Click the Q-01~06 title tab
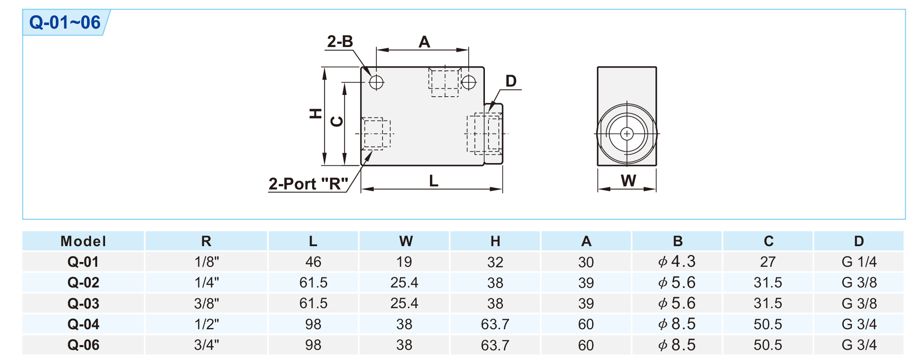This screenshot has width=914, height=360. click(x=65, y=22)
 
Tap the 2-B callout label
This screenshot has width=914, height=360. click(x=340, y=42)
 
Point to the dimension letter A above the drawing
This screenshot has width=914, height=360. click(x=424, y=42)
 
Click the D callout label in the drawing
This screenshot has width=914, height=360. click(x=510, y=81)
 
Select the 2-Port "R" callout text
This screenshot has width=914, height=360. click(x=308, y=184)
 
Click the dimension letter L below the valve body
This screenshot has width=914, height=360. click(x=433, y=181)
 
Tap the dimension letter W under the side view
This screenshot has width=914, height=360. click(x=628, y=181)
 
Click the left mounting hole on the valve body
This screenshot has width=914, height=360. click(x=376, y=82)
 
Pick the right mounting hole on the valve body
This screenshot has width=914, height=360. click(x=469, y=82)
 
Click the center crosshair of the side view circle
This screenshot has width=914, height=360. click(x=627, y=134)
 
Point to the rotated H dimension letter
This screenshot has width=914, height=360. click(x=316, y=114)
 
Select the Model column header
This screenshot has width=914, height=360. click(x=83, y=241)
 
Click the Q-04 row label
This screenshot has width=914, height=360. click(x=83, y=324)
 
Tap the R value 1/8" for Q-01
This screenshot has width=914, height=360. click(x=207, y=262)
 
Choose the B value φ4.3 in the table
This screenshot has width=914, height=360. click(x=677, y=262)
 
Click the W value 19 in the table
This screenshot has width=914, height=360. click(x=404, y=262)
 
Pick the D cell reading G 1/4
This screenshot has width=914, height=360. click(x=859, y=262)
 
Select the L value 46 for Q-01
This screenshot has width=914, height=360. click(x=313, y=262)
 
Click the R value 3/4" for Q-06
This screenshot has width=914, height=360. click(x=207, y=345)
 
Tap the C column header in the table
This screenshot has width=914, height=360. click(x=768, y=241)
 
